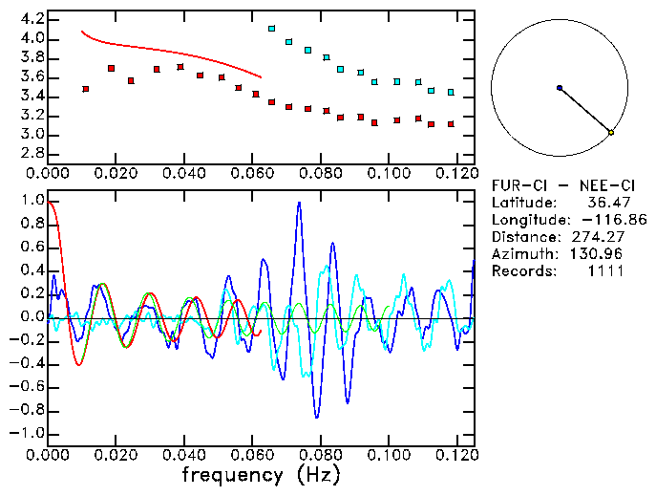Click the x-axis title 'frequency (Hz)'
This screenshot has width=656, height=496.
click(x=261, y=475)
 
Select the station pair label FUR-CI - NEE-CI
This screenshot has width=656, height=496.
click(x=557, y=185)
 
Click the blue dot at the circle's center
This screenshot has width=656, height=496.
click(x=560, y=88)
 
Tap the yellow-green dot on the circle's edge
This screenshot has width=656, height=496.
click(x=611, y=132)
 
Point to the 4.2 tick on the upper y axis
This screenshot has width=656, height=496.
click(x=32, y=19)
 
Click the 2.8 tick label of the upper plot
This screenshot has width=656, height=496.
click(x=32, y=153)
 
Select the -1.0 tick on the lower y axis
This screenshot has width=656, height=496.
click(x=29, y=433)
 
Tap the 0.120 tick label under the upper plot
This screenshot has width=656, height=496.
click(x=455, y=173)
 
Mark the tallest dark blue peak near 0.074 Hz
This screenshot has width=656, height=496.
click(x=299, y=203)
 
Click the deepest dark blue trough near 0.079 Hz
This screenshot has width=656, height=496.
click(x=317, y=418)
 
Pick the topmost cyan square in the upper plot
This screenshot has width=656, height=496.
click(x=272, y=30)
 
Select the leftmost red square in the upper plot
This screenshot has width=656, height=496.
click(x=86, y=89)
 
